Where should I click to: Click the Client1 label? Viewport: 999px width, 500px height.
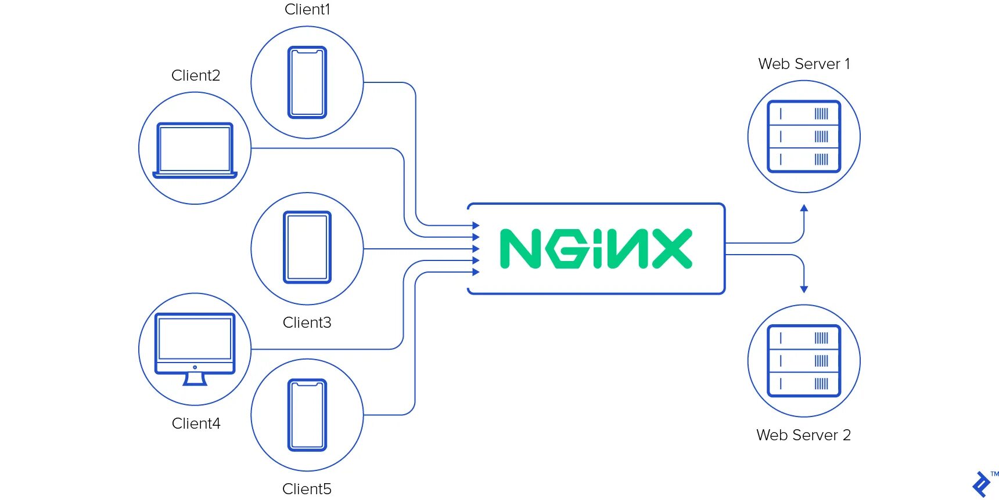pyautogui.click(x=307, y=9)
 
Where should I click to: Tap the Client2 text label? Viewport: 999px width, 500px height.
pyautogui.click(x=196, y=75)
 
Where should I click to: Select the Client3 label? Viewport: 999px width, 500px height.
pyautogui.click(x=307, y=323)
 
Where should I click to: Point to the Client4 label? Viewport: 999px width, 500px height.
pyautogui.click(x=196, y=423)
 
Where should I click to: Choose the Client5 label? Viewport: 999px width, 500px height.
pyautogui.click(x=307, y=489)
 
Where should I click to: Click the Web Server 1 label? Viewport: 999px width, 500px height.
pyautogui.click(x=804, y=64)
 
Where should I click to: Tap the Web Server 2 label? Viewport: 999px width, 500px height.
pyautogui.click(x=803, y=435)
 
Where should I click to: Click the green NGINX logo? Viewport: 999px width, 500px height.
pyautogui.click(x=596, y=249)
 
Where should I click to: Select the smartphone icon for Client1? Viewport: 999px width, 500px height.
pyautogui.click(x=307, y=82)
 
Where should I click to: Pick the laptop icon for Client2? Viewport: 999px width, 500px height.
pyautogui.click(x=195, y=150)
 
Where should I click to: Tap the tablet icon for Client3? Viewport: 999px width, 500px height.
pyautogui.click(x=307, y=247)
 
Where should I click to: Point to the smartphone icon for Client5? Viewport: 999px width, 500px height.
pyautogui.click(x=307, y=415)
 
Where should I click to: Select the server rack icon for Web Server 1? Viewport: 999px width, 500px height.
pyautogui.click(x=804, y=136)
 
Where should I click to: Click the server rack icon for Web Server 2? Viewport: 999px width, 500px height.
pyautogui.click(x=804, y=361)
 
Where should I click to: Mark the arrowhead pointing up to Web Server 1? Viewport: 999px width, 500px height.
pyautogui.click(x=804, y=208)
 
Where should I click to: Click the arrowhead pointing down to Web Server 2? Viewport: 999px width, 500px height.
pyautogui.click(x=804, y=289)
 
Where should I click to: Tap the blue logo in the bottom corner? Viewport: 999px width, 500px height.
pyautogui.click(x=982, y=485)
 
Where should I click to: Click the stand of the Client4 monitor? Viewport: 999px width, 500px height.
pyautogui.click(x=195, y=379)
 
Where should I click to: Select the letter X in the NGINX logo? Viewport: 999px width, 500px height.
pyautogui.click(x=672, y=249)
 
